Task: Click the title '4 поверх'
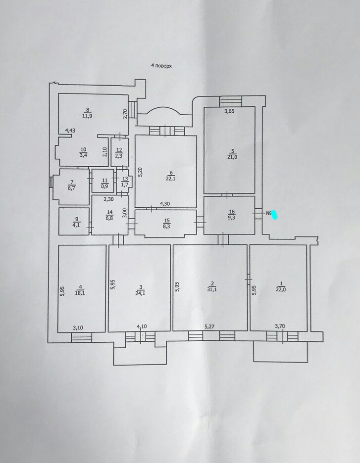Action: pyautogui.click(x=161, y=66)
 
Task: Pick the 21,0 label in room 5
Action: pyautogui.click(x=232, y=157)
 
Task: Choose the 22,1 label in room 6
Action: pyautogui.click(x=170, y=179)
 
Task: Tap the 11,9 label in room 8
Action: pyautogui.click(x=87, y=116)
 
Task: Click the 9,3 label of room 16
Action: pyautogui.click(x=232, y=218)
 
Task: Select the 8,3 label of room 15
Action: pyautogui.click(x=167, y=227)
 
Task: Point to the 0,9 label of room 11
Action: pyautogui.click(x=104, y=186)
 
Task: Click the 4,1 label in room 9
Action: pyautogui.click(x=76, y=225)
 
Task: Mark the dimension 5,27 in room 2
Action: pyautogui.click(x=209, y=326)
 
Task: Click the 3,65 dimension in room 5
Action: pyautogui.click(x=229, y=111)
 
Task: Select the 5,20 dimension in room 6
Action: pyautogui.click(x=141, y=172)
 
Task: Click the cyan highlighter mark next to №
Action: pyautogui.click(x=275, y=215)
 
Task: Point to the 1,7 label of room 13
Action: pyautogui.click(x=125, y=185)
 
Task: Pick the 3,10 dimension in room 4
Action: pyautogui.click(x=78, y=327)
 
